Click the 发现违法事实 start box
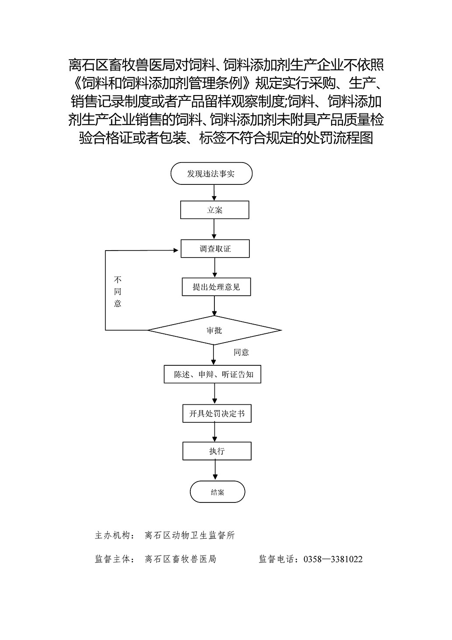pos(211,173)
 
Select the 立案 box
pos(214,210)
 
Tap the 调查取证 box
pos(215,248)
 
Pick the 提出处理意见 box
pos(216,287)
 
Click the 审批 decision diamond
pos(214,330)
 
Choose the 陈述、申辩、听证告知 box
pos(212,374)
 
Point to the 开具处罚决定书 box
pos(217,414)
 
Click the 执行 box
pos(217,451)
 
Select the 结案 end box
pos(217,491)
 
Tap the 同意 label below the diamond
pos(241,352)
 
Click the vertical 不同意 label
pos(118,291)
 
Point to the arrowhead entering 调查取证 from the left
pos(176,250)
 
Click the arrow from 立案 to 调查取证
pos(214,229)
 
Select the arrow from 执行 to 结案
pos(215,470)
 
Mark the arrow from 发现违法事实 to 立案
pos(214,193)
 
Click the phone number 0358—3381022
pos(333,559)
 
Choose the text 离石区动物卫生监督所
pos(190,535)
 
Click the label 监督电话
pos(277,559)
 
